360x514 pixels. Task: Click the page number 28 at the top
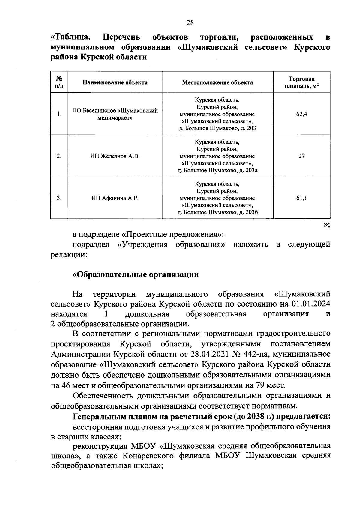190,22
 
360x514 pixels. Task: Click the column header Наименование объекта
115,82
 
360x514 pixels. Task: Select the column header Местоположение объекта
217,82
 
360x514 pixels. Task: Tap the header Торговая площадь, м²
301,82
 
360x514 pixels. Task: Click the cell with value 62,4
301,114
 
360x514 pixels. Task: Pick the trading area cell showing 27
301,156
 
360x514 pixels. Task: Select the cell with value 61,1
301,198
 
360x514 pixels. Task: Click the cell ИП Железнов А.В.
115,156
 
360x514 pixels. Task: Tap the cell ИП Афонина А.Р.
115,198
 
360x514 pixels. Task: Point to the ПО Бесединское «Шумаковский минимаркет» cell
115,114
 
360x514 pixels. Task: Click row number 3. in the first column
59,198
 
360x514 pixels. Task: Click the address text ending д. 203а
217,171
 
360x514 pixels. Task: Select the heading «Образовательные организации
136,275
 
